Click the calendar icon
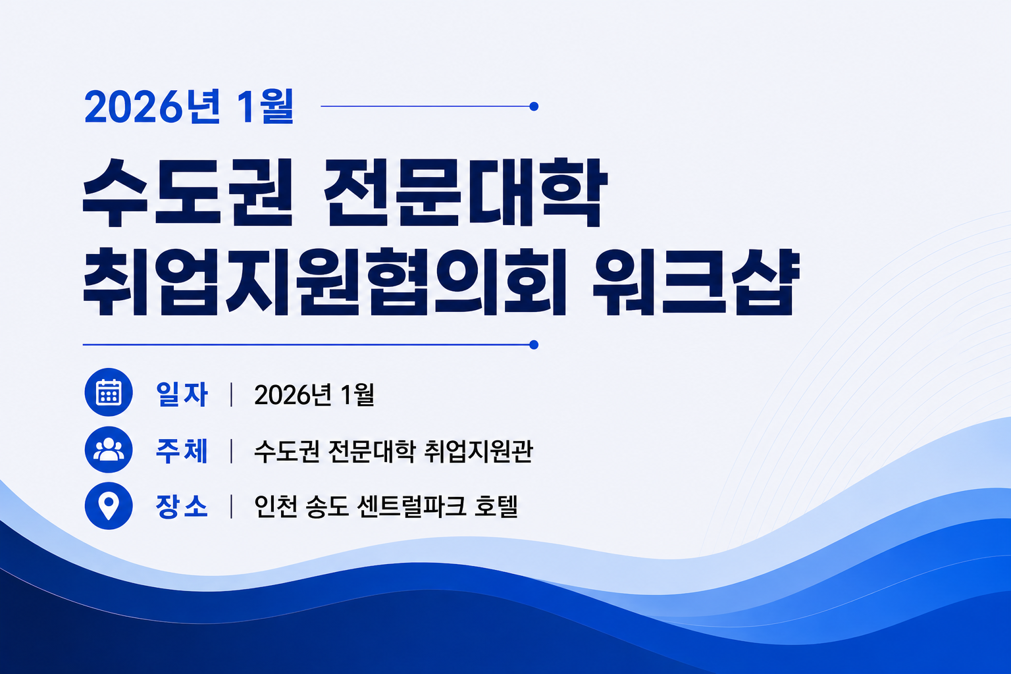109,392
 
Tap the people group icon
109,450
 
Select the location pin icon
109,505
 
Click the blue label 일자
182,394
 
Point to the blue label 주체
182,450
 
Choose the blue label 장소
182,507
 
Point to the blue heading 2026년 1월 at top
189,107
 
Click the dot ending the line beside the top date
534,107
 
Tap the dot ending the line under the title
534,345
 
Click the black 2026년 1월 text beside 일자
314,394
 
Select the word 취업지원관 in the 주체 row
479,450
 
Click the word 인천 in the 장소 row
275,507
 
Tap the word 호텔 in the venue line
496,507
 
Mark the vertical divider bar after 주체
232,450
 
